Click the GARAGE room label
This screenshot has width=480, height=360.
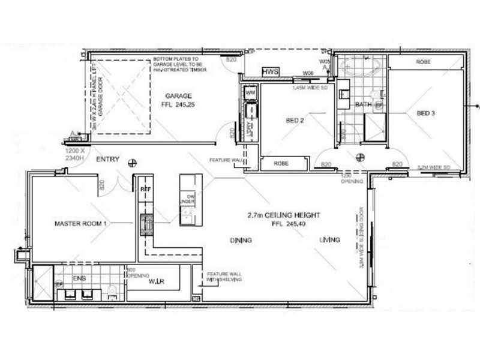click(x=178, y=96)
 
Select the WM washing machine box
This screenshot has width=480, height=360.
click(x=250, y=93)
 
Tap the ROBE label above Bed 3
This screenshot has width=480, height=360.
click(x=425, y=62)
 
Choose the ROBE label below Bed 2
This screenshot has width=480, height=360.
click(x=281, y=163)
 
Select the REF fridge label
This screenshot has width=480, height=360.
click(x=144, y=188)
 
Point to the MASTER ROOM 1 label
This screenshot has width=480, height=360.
click(x=80, y=224)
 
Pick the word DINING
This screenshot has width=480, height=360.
click(x=240, y=240)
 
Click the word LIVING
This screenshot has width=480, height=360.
click(x=329, y=240)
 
